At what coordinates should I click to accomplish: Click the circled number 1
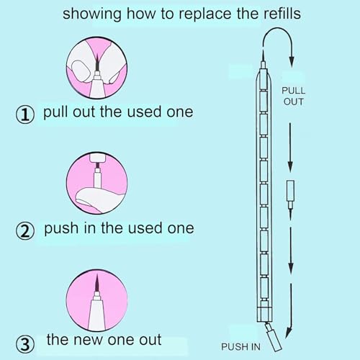point(25,114)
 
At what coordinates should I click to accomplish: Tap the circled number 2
point(25,231)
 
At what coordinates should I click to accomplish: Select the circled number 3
point(25,344)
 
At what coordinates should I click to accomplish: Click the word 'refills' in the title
point(282,14)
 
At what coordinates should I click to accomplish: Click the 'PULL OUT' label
point(293,96)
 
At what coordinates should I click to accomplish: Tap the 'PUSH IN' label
point(240,347)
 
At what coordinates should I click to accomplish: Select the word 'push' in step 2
point(61,228)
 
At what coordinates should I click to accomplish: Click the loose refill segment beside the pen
point(290,199)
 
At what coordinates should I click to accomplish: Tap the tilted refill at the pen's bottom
point(273,337)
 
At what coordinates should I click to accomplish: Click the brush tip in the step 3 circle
point(97,283)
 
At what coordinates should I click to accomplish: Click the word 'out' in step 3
point(150,341)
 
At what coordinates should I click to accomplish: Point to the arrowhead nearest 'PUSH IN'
point(289,333)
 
